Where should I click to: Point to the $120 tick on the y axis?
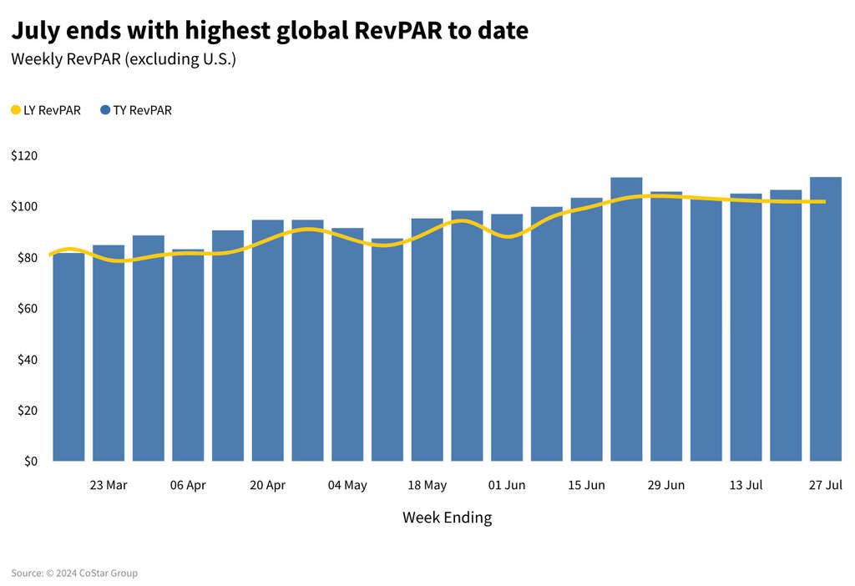coord(25,156)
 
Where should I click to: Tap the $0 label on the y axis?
coord(30,462)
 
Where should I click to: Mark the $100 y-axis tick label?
coord(25,207)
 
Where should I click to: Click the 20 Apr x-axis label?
coord(267,486)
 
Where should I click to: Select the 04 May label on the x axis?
coord(347,486)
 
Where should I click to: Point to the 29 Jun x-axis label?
coord(666,486)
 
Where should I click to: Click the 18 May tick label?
coord(427,486)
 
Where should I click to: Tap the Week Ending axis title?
coord(447,518)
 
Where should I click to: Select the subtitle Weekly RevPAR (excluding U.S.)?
coord(124,60)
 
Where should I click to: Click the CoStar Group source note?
coord(74,573)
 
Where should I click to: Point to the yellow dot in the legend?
coord(16,110)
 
